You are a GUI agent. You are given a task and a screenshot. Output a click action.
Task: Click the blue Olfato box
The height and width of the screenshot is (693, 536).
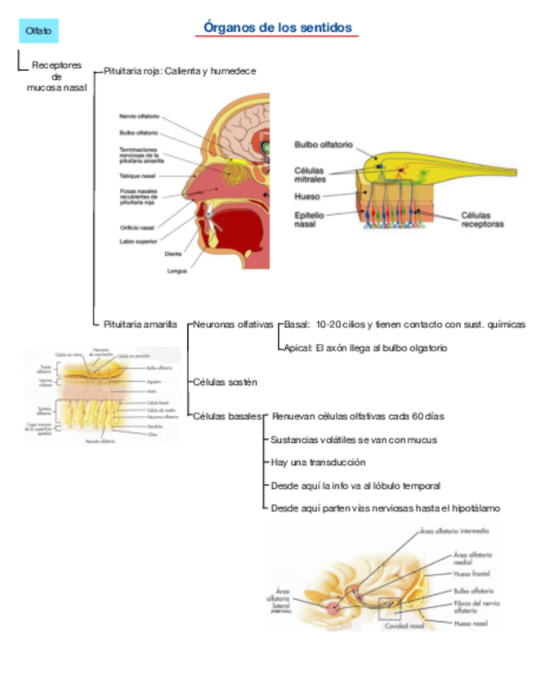tap(38, 31)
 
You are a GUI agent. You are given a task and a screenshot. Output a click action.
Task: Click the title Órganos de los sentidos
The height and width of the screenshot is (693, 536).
tap(278, 28)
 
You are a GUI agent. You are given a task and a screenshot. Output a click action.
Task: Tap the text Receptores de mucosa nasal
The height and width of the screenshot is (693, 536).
tap(56, 76)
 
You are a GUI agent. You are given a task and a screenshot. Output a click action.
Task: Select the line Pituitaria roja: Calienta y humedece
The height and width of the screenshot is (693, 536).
tap(180, 71)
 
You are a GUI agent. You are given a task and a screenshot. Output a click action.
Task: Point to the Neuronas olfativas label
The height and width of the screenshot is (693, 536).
tap(234, 324)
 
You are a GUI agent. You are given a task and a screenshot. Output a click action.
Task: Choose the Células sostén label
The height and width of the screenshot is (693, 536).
tap(225, 382)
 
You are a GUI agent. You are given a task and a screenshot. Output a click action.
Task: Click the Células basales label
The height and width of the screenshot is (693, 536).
tap(227, 416)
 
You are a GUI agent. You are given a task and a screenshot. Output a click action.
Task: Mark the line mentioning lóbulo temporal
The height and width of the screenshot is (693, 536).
tap(355, 485)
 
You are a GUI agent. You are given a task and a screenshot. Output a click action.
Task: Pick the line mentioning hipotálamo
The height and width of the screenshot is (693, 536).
tap(385, 508)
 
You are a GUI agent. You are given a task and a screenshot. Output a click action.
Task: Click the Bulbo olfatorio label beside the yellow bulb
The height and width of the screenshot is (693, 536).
tap(324, 145)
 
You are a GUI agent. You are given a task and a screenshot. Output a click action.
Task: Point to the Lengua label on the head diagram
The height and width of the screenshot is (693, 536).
tap(177, 271)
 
